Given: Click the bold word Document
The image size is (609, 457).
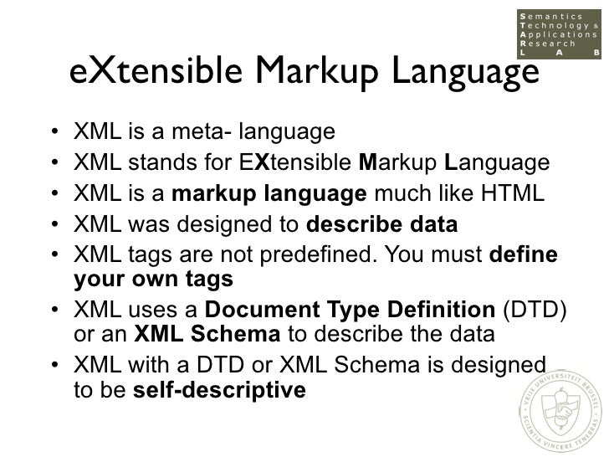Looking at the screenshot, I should tap(253, 311).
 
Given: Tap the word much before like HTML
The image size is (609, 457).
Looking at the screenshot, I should tap(400, 193).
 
